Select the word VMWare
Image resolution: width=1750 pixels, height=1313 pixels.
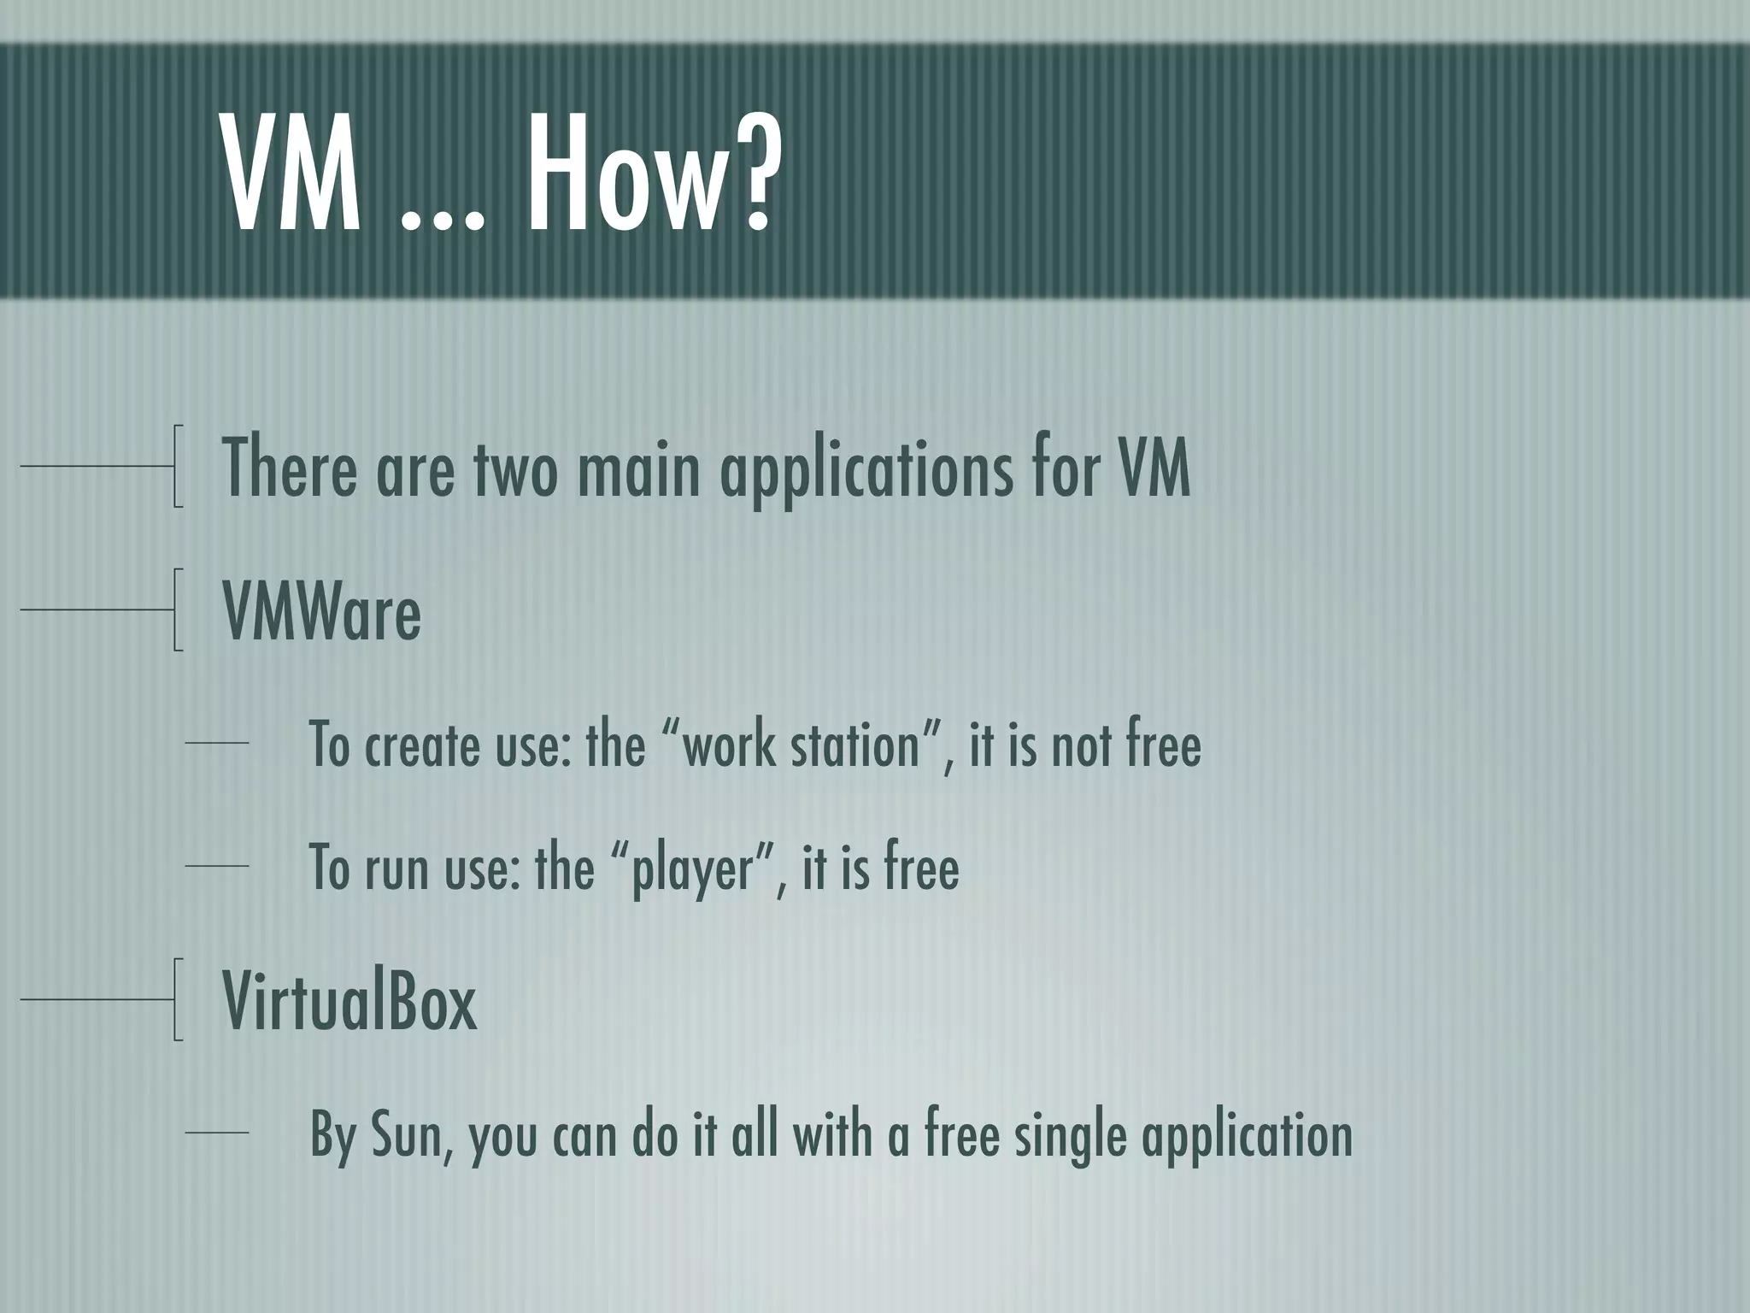coord(322,611)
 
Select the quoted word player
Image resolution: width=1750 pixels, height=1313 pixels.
coord(693,868)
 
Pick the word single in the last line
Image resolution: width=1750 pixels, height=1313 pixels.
coord(1070,1137)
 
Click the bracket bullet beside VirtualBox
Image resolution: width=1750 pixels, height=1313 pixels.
coord(177,999)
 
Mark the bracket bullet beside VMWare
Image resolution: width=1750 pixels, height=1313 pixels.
coord(177,609)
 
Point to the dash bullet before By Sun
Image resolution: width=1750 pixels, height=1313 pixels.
coord(217,1133)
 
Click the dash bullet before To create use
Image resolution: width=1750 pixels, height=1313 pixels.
coord(217,744)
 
